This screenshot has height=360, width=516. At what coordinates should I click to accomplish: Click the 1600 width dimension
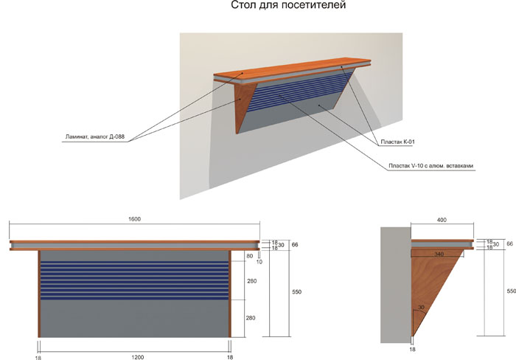pyautogui.click(x=135, y=219)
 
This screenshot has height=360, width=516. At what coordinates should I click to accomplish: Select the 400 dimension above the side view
pyautogui.click(x=442, y=219)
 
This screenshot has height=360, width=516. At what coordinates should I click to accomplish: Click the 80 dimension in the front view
pyautogui.click(x=249, y=256)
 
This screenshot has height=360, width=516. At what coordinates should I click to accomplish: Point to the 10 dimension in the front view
pyautogui.click(x=259, y=262)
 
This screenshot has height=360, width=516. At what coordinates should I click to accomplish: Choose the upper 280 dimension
pyautogui.click(x=252, y=281)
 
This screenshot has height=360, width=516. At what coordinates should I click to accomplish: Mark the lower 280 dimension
pyautogui.click(x=252, y=318)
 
